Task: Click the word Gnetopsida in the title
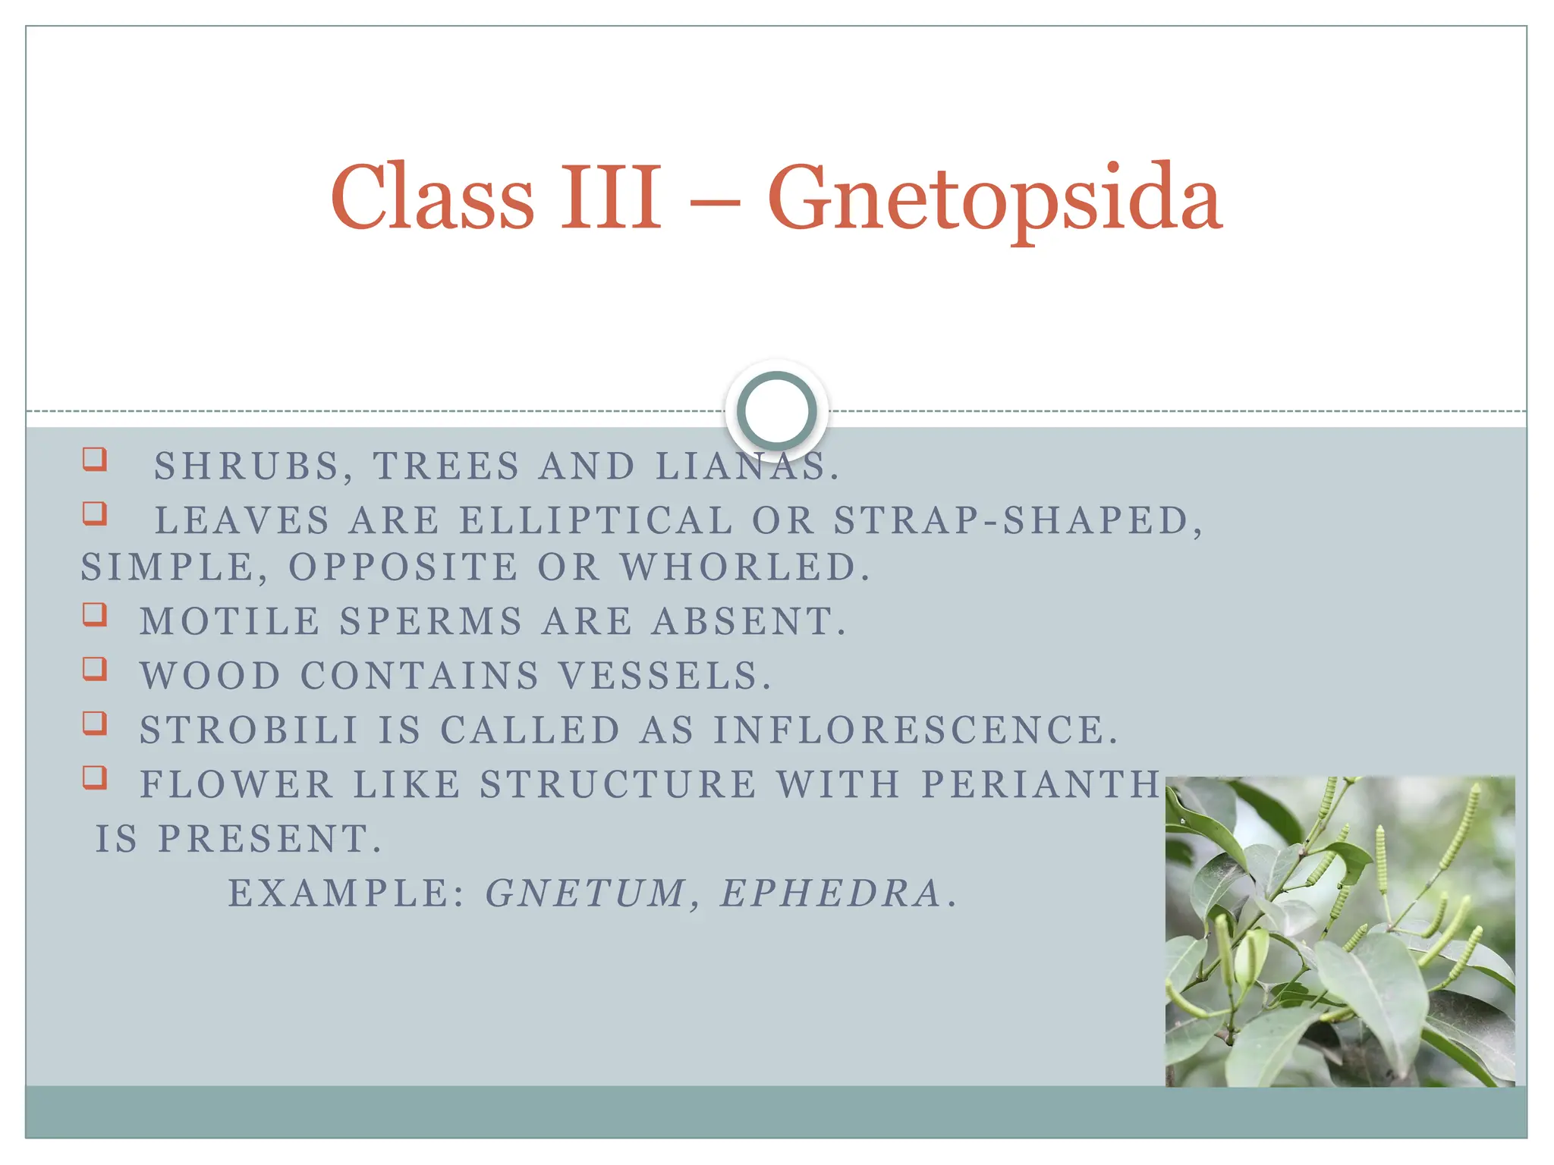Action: (994, 199)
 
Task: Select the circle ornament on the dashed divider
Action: (776, 410)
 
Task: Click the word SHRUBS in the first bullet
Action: (247, 466)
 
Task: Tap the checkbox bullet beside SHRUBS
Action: (95, 459)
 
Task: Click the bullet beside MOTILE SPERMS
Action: (95, 614)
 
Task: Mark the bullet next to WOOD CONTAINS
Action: (95, 668)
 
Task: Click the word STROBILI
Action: (249, 730)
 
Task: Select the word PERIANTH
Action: (1040, 784)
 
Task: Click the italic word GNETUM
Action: (585, 893)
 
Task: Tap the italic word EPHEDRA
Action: (830, 893)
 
